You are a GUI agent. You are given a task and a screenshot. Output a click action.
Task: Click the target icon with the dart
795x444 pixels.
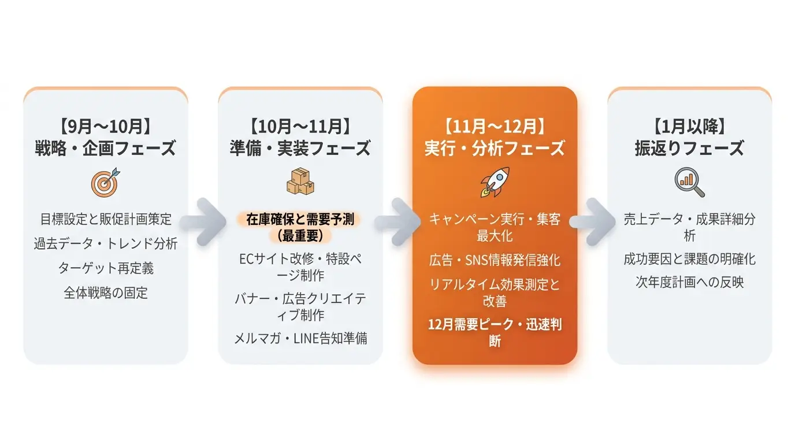105,182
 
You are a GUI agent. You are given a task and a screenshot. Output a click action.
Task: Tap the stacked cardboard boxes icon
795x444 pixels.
300,182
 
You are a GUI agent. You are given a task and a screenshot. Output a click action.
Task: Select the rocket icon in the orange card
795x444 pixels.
495,182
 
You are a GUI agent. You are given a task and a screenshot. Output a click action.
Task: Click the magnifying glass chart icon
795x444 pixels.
689,182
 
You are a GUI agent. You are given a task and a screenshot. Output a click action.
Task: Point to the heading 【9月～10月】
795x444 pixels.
105,127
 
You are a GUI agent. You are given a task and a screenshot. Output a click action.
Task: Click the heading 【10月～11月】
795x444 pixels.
300,127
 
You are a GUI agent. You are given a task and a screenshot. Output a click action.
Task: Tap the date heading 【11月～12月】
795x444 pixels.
495,127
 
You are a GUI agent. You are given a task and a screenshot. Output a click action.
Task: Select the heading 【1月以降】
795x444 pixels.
689,127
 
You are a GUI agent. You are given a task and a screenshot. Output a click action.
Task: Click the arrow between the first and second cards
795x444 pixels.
203,222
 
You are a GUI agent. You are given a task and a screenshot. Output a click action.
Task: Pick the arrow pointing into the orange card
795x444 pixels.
397,222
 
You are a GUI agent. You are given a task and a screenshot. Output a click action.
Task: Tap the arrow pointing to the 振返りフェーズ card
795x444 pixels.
592,222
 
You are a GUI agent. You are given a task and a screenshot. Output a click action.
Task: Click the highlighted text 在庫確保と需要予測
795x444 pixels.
300,220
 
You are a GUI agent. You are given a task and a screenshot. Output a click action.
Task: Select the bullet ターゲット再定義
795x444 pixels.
105,268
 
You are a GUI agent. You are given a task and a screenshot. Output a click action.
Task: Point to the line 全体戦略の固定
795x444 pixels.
105,293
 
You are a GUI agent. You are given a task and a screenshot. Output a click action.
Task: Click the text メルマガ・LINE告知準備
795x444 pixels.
300,338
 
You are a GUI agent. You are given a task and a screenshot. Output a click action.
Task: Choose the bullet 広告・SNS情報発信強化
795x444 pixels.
495,260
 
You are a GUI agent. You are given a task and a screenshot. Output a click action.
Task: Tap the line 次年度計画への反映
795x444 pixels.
689,282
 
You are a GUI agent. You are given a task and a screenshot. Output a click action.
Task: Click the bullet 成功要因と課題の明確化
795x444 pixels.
689,259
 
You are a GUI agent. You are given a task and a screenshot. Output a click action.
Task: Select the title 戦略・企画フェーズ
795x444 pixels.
105,148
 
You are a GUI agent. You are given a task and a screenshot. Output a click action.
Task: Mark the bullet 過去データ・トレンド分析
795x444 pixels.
105,243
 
